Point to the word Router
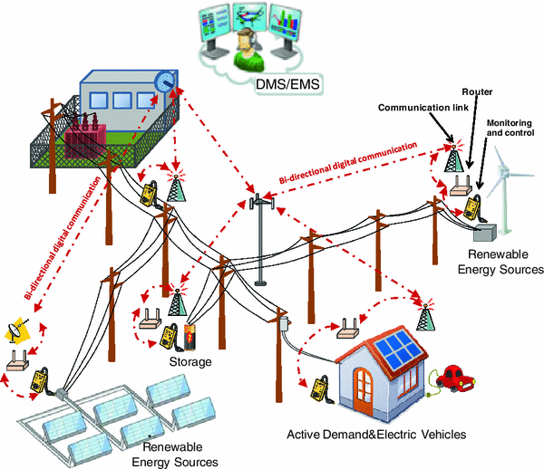pyautogui.click(x=476, y=92)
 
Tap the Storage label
pyautogui.click(x=189, y=361)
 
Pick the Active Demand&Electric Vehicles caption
pyautogui.click(x=376, y=435)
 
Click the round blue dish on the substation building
pyautogui.click(x=165, y=82)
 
